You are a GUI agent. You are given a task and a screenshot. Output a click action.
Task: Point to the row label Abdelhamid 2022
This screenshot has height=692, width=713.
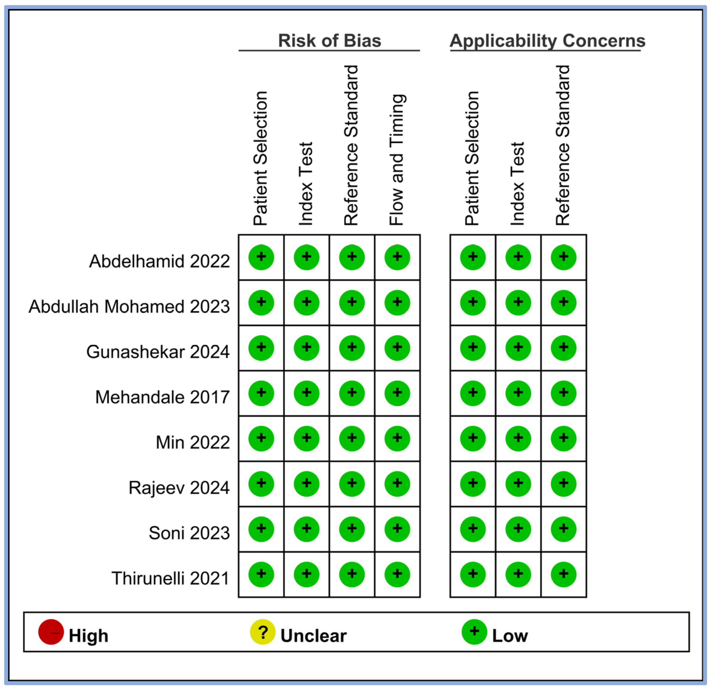(x=159, y=261)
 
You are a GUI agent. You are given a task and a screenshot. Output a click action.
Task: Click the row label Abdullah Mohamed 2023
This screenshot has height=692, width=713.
(x=129, y=306)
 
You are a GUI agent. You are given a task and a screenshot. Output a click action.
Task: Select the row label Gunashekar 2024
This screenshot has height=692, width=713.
(x=158, y=352)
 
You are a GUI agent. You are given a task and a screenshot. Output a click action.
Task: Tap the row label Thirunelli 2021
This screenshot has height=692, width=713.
(x=170, y=578)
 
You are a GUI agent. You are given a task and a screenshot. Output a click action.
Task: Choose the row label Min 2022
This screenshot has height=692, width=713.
(x=193, y=442)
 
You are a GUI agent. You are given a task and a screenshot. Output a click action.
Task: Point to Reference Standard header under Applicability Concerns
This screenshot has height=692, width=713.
(x=563, y=146)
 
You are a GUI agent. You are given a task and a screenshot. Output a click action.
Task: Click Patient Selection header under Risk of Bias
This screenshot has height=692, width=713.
(x=260, y=158)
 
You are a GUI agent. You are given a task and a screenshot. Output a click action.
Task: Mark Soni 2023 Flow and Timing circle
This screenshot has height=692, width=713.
(x=397, y=530)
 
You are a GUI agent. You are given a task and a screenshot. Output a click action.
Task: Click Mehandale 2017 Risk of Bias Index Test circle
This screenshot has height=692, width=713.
(x=306, y=393)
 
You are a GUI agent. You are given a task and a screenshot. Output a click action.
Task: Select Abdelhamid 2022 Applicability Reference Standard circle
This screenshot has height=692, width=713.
(x=563, y=257)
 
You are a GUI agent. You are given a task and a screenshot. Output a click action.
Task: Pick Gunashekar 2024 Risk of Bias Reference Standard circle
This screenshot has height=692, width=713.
(x=352, y=348)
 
